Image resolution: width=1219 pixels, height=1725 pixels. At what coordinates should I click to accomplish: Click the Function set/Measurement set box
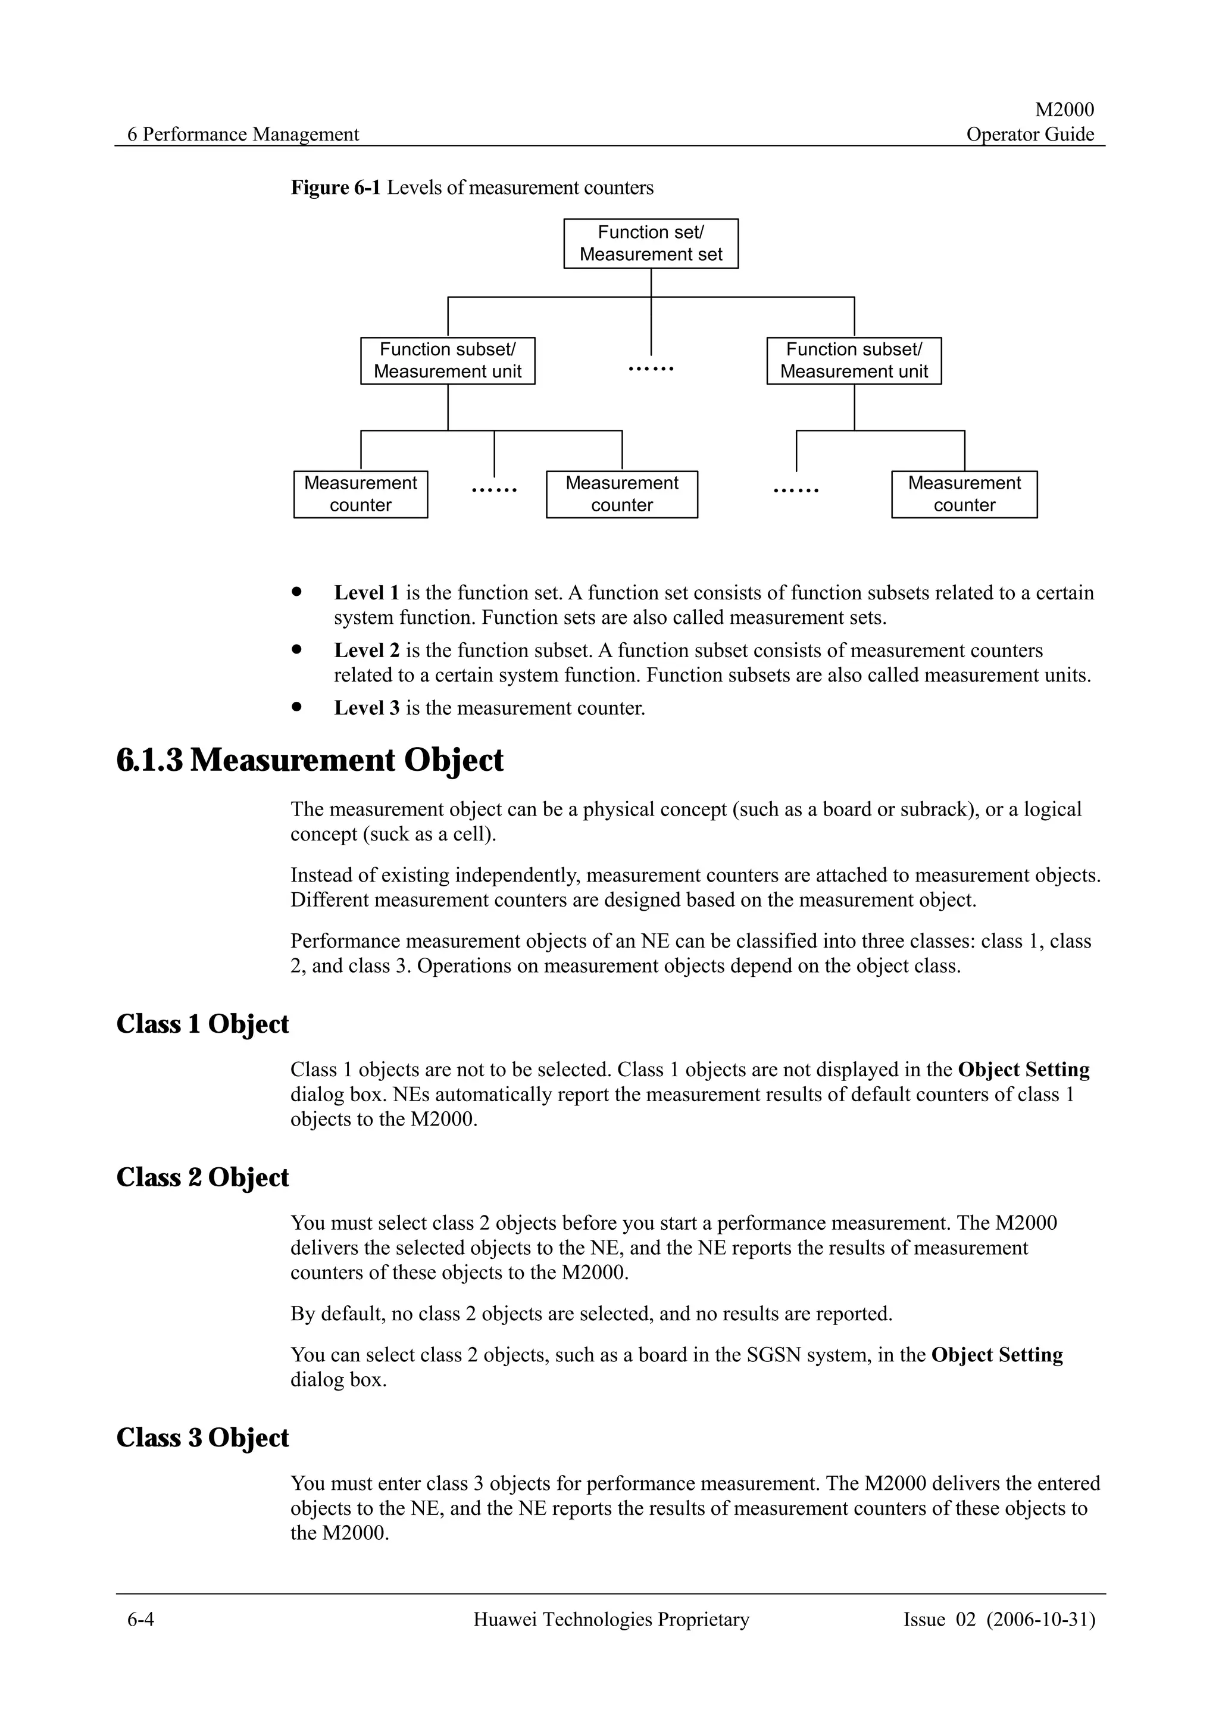pyautogui.click(x=651, y=243)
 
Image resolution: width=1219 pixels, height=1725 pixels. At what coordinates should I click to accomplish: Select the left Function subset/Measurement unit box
pyautogui.click(x=448, y=361)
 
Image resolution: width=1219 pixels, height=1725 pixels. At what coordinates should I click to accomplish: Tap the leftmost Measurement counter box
pyautogui.click(x=361, y=495)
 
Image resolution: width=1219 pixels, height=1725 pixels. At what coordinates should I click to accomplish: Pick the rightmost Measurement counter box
pyautogui.click(x=964, y=495)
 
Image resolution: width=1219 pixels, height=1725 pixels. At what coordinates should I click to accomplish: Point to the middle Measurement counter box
pyautogui.click(x=621, y=495)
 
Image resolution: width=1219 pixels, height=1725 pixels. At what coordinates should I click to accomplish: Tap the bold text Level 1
pyautogui.click(x=367, y=593)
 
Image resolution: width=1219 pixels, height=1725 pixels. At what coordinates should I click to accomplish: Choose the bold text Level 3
pyautogui.click(x=367, y=708)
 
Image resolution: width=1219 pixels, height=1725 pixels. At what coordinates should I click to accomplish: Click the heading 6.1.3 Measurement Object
pyautogui.click(x=310, y=760)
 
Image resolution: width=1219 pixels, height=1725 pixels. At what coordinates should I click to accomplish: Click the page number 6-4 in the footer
pyautogui.click(x=140, y=1619)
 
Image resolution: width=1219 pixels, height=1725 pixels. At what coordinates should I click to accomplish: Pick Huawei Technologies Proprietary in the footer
pyautogui.click(x=611, y=1619)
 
